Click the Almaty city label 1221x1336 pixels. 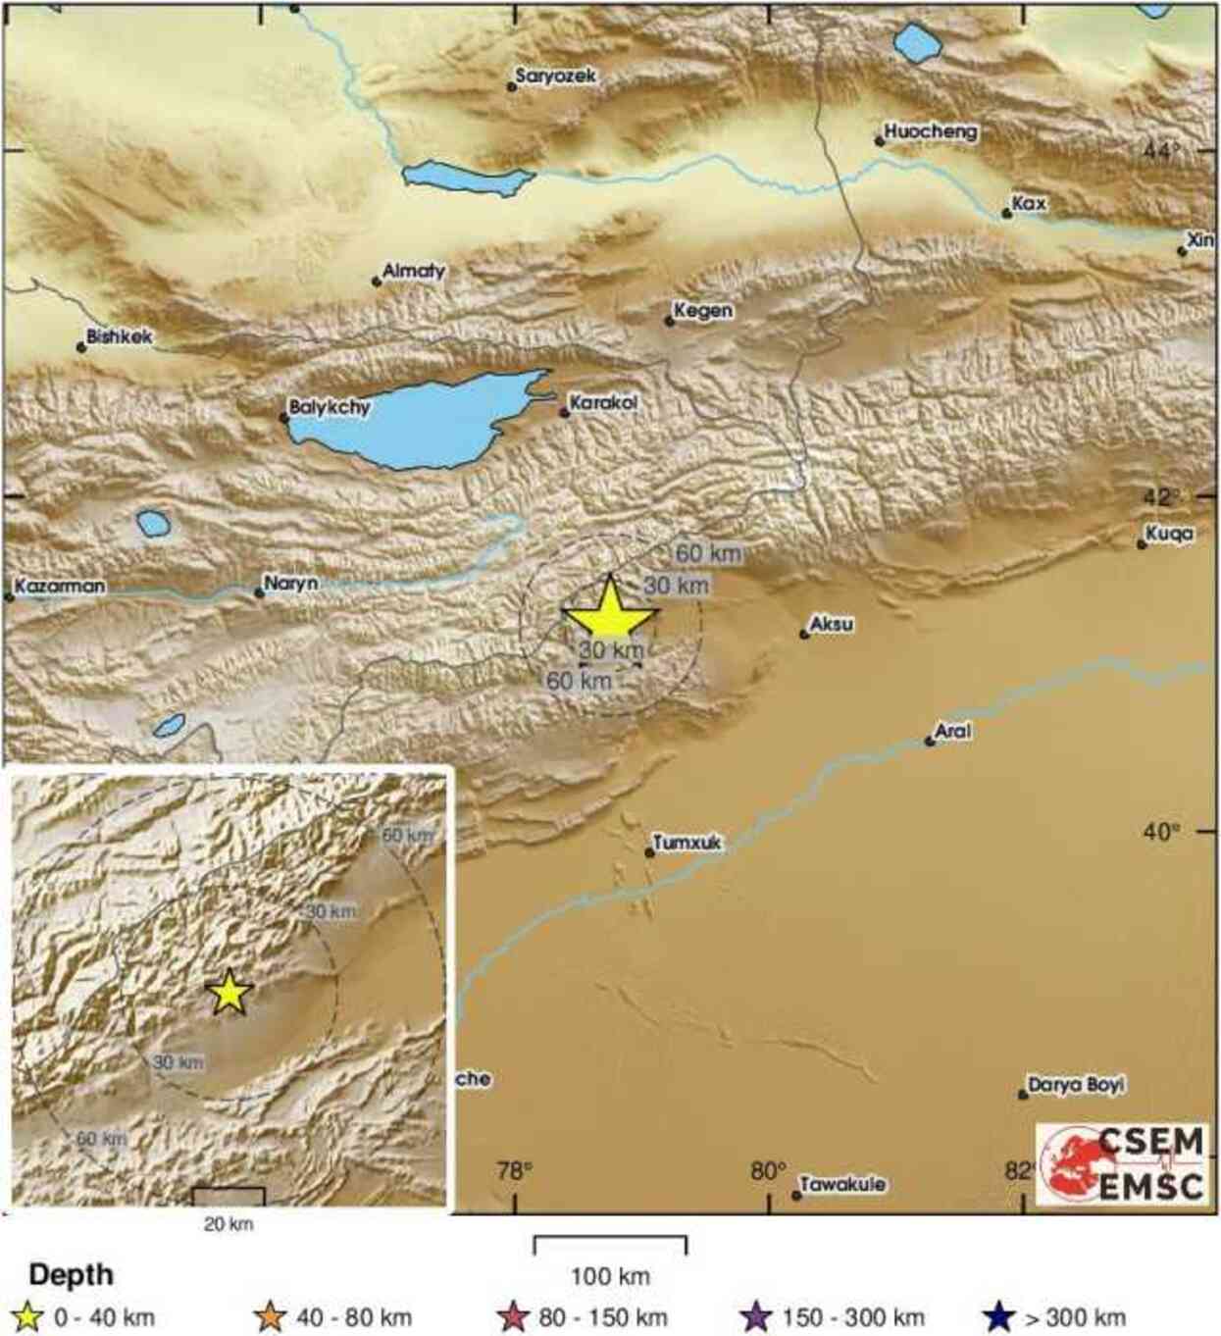413,272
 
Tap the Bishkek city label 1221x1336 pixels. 120,337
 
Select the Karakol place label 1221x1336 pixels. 603,403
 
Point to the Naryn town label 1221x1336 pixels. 291,584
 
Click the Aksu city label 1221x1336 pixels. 832,625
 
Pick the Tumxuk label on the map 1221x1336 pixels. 687,843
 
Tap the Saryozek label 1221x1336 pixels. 555,76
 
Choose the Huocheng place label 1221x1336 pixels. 930,131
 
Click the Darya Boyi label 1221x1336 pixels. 1076,1085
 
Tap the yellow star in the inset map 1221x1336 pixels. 229,993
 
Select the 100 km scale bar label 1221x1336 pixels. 610,1276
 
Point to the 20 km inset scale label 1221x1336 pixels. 229,1223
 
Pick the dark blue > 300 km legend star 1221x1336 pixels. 998,1316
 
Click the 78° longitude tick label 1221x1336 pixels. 515,1169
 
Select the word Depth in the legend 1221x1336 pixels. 71,1275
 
